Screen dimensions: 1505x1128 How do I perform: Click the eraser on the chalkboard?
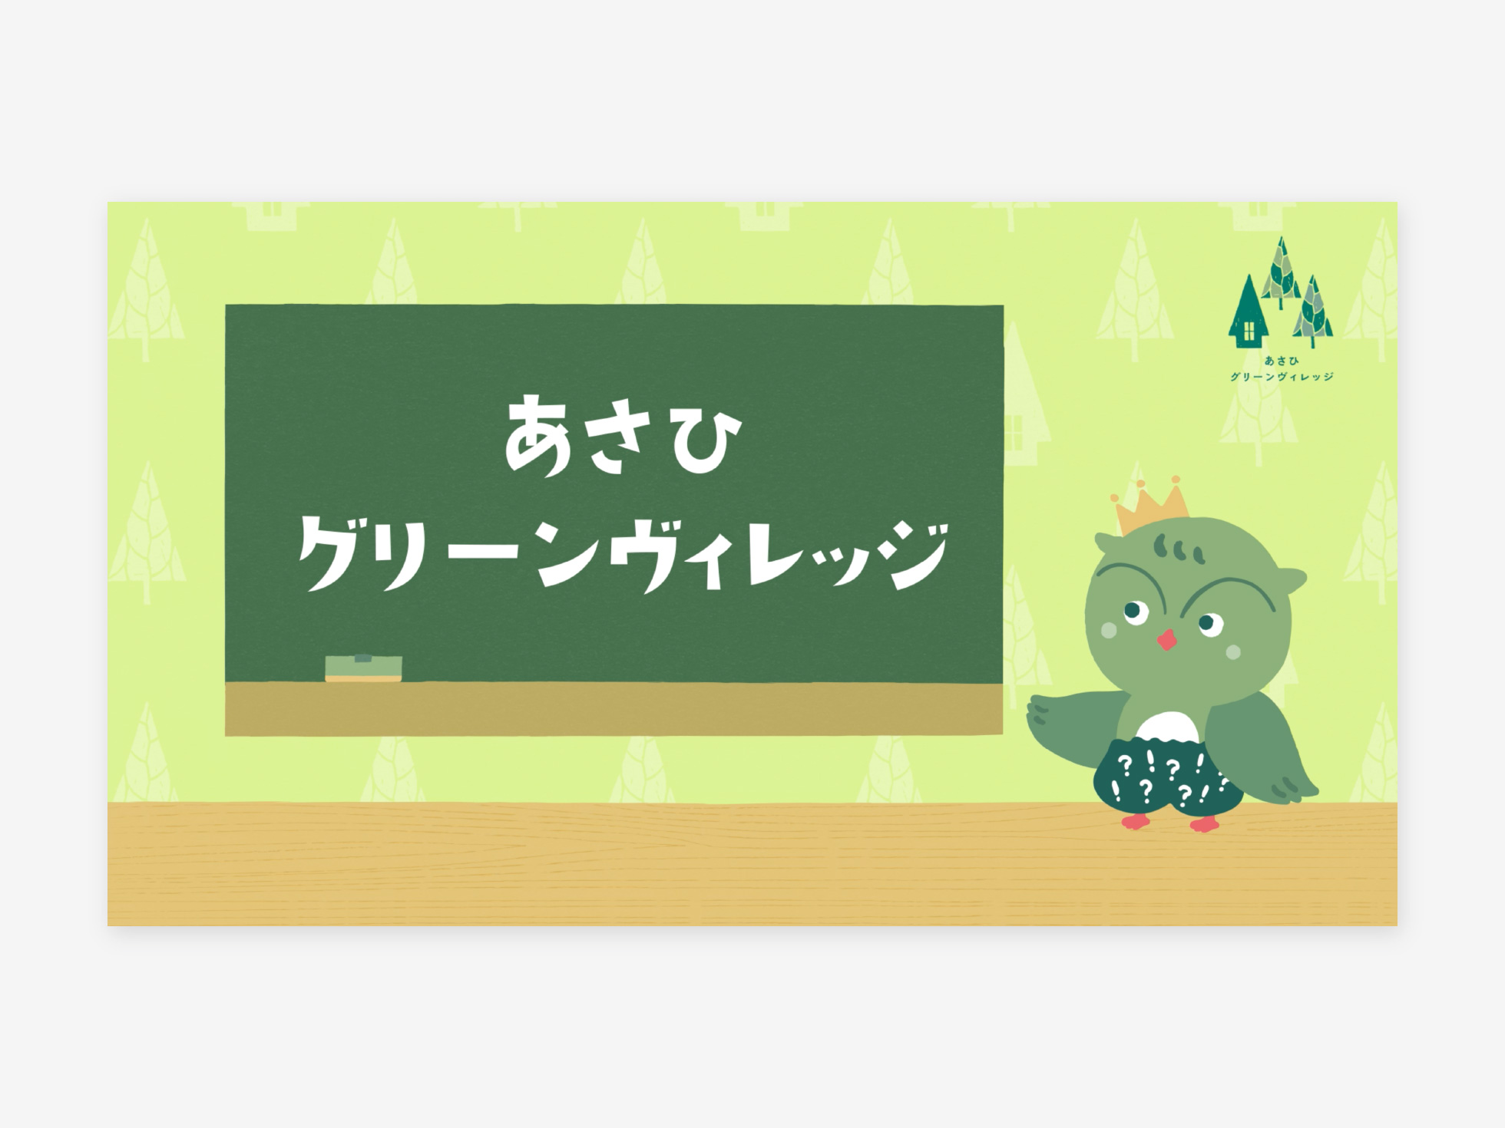pyautogui.click(x=363, y=668)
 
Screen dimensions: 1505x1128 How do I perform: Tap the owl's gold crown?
pyautogui.click(x=1149, y=507)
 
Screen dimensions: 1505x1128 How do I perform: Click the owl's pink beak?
pyautogui.click(x=1167, y=639)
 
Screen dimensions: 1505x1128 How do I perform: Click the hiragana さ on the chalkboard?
pyautogui.click(x=620, y=437)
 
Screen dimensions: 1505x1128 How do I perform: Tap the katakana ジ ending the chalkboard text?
pyautogui.click(x=913, y=555)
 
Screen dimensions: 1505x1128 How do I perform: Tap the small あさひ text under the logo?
pyautogui.click(x=1282, y=361)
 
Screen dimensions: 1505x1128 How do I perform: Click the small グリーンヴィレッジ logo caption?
pyautogui.click(x=1282, y=377)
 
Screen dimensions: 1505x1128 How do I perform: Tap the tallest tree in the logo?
pyautogui.click(x=1280, y=272)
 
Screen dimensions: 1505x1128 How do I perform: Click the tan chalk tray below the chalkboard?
pyautogui.click(x=614, y=709)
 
